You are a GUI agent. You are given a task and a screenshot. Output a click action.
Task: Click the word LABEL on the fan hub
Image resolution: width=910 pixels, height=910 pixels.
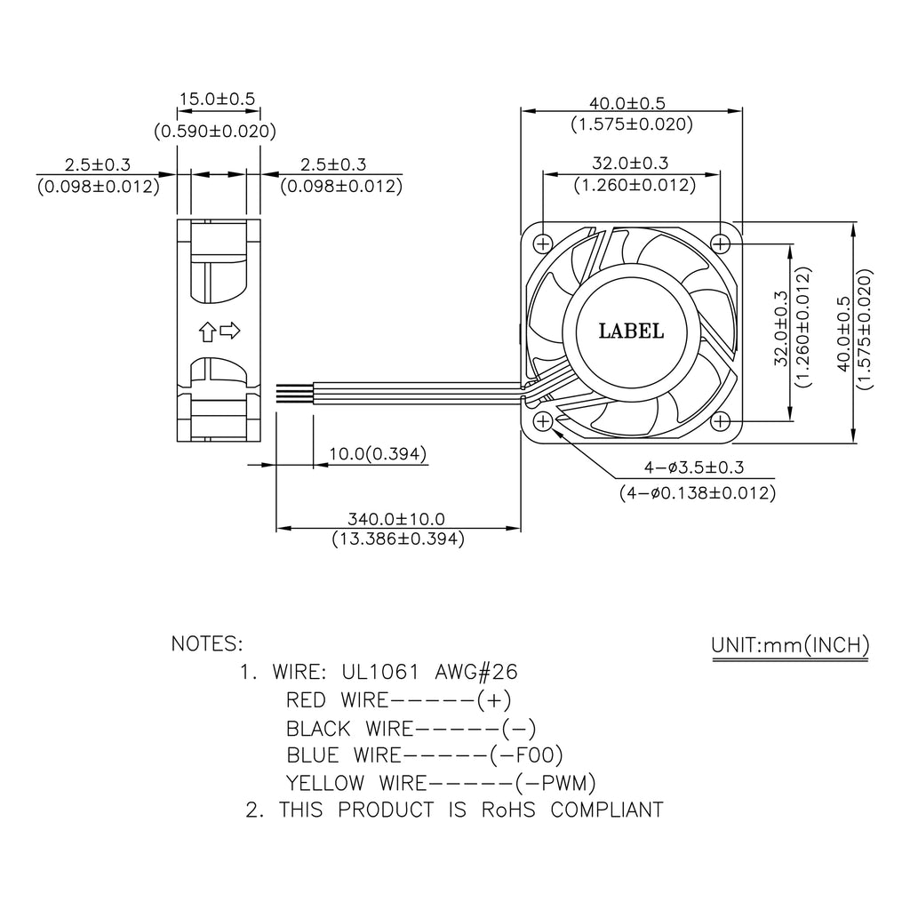631,331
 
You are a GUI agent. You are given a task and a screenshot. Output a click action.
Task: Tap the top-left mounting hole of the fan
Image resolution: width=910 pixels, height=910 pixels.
543,242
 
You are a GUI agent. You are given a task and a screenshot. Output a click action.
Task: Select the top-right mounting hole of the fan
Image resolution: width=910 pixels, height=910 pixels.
721,242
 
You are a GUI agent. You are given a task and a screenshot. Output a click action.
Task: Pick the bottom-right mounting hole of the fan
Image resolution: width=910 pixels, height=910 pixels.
721,419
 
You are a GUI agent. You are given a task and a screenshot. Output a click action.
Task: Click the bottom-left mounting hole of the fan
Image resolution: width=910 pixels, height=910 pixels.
543,419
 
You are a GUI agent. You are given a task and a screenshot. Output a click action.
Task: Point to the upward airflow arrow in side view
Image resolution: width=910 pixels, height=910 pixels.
207,332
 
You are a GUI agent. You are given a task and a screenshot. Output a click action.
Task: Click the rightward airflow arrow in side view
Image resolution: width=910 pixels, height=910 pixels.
229,331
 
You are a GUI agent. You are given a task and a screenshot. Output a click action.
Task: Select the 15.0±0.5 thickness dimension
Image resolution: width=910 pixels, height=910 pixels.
217,99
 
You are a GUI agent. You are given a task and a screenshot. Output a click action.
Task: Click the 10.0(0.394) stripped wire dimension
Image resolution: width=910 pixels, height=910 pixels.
378,455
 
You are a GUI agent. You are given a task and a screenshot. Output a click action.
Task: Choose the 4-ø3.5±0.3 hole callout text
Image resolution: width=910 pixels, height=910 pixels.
694,467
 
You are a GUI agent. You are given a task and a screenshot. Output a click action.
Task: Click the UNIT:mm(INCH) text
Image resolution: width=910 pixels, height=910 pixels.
790,645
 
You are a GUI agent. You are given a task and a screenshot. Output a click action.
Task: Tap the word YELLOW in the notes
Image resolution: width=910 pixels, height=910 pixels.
324,783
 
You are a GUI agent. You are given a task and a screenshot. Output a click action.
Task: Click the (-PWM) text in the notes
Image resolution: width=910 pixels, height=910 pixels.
555,783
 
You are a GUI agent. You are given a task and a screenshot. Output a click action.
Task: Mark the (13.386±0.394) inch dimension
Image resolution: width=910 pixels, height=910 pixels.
397,539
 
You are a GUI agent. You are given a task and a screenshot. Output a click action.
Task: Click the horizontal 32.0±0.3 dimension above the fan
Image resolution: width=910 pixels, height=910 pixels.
630,164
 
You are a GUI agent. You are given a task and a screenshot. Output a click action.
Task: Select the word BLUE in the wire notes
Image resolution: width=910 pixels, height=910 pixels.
313,755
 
